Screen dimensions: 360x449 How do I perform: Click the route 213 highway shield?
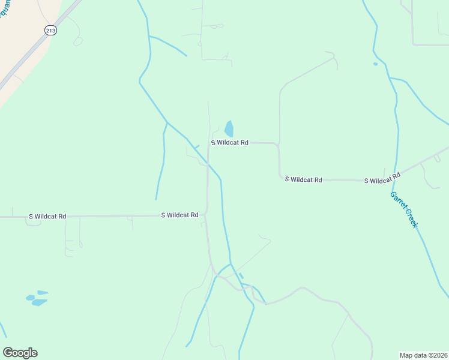point(50,30)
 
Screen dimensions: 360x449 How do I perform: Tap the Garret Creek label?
point(403,209)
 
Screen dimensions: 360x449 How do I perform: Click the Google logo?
point(20,353)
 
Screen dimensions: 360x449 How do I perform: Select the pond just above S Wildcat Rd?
point(229,129)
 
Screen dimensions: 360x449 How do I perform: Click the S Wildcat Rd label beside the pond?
point(229,143)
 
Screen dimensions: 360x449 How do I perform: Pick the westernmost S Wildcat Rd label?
point(47,216)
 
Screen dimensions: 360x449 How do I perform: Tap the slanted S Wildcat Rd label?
point(382,179)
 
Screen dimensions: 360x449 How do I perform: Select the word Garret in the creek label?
point(397,200)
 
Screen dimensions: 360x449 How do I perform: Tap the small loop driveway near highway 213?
point(77,41)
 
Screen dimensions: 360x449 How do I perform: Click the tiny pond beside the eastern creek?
point(375,64)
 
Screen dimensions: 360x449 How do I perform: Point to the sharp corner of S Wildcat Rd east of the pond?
point(278,145)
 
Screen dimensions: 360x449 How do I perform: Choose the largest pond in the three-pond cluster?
point(39,302)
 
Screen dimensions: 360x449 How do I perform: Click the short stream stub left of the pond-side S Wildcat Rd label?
point(196,146)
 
